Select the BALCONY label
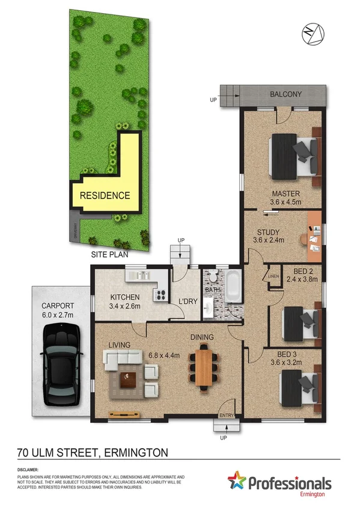(x=286, y=94)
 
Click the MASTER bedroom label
(x=285, y=194)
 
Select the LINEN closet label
(x=273, y=276)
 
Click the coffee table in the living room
(x=128, y=379)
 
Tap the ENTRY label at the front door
(x=227, y=415)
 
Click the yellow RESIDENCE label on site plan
(x=105, y=195)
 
